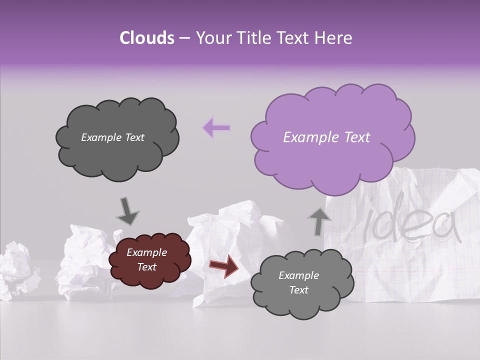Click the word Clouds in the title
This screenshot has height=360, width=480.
pyautogui.click(x=147, y=38)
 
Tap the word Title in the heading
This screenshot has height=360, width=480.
pyautogui.click(x=253, y=38)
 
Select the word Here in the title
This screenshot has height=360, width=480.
pyautogui.click(x=333, y=38)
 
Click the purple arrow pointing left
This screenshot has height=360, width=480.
pyautogui.click(x=216, y=128)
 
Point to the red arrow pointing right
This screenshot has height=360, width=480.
pyautogui.click(x=223, y=265)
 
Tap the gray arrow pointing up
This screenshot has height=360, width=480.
pyautogui.click(x=319, y=221)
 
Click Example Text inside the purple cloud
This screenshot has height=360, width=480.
pyautogui.click(x=326, y=137)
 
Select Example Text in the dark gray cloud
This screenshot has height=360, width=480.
pyautogui.click(x=112, y=137)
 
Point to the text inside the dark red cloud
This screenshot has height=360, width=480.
pyautogui.click(x=146, y=260)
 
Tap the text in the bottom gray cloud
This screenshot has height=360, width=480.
pyautogui.click(x=298, y=282)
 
